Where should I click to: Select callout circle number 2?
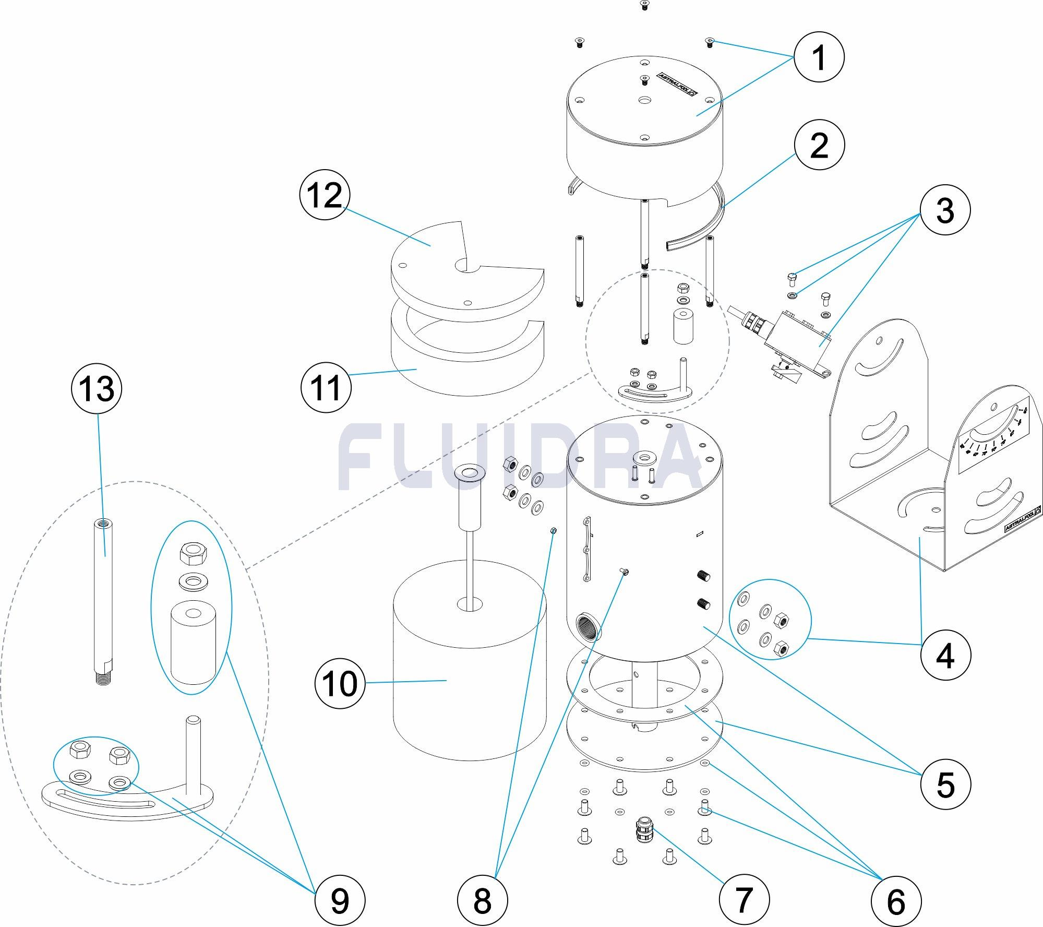819,145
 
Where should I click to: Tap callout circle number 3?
945,211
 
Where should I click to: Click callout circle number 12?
325,195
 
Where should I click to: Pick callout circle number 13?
97,389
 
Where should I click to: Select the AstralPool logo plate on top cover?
678,84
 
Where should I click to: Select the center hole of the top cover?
644,100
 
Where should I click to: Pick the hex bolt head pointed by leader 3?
792,276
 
